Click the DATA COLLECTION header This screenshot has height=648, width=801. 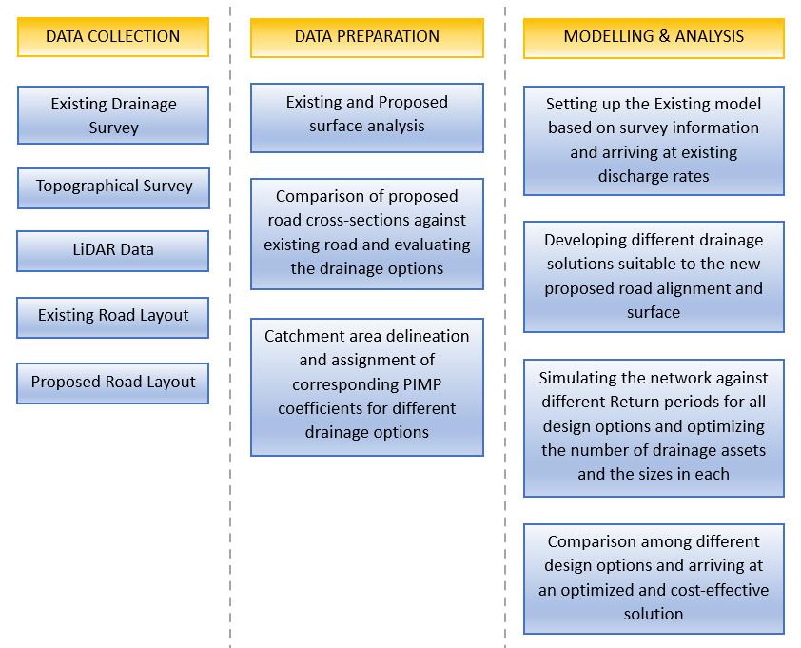tap(112, 37)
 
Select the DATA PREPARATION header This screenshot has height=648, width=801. tap(366, 37)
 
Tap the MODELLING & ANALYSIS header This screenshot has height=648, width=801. tap(654, 37)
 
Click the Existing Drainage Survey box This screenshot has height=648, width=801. tap(113, 115)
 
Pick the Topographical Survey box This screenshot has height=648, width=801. tap(113, 187)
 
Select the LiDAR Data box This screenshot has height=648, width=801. tap(113, 250)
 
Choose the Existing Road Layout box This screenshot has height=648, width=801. tap(113, 315)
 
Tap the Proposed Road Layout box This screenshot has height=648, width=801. tap(113, 382)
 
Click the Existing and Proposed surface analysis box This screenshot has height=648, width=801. tap(366, 114)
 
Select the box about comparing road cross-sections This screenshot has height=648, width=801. tap(366, 232)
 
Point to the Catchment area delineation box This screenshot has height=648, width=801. tap(366, 384)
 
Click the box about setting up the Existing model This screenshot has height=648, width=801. tap(654, 139)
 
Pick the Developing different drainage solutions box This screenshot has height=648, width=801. tap(654, 276)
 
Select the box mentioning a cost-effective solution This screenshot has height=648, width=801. tap(654, 578)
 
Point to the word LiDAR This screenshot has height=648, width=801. tap(91, 250)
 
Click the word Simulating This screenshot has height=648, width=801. tap(576, 377)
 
